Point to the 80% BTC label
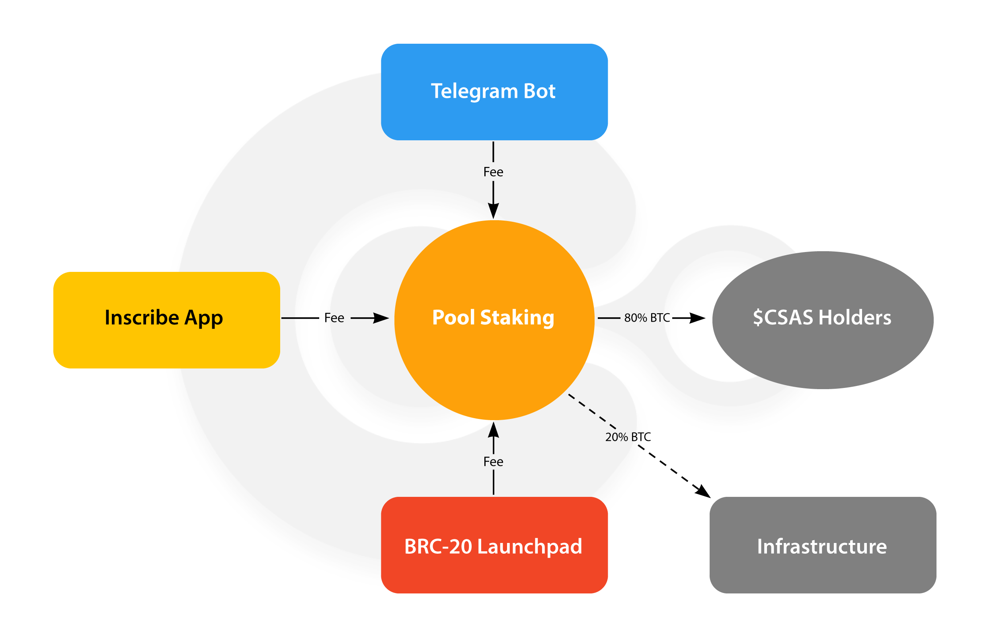coord(647,318)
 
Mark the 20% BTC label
coord(628,437)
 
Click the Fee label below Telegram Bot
coord(493,172)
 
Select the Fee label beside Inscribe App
coord(334,318)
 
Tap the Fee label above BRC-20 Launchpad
coord(493,461)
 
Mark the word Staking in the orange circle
coord(517,318)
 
